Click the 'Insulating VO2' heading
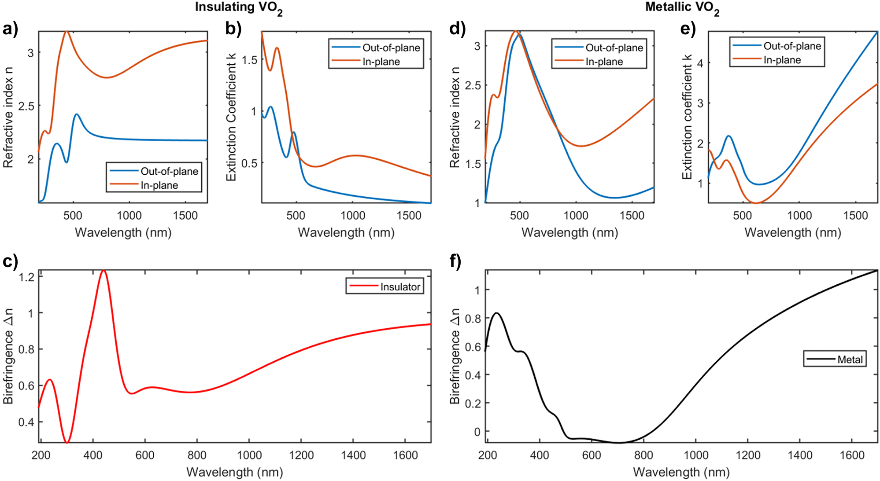pos(238,8)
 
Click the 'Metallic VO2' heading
pos(682,8)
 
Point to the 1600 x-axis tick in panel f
pos(852,455)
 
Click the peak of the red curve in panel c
pos(104,271)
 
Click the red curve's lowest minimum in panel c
pos(67,442)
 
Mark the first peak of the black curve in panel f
pos(496,313)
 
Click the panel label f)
pos(455,262)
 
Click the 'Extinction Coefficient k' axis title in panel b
pos(231,117)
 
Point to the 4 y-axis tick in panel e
pos(700,63)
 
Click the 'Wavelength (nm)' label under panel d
pos(569,232)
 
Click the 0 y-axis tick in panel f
pos(477,432)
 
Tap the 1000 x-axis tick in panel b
pos(353,216)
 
